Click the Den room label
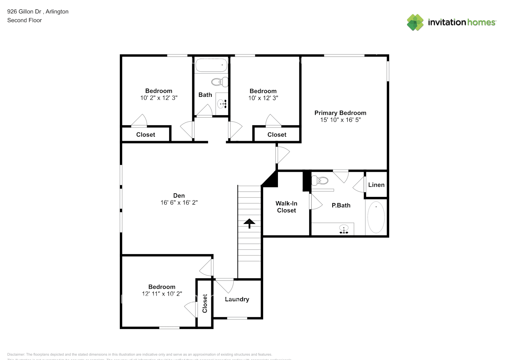[179, 195]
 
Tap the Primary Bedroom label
[340, 113]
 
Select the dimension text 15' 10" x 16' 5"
[340, 120]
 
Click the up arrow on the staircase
[249, 223]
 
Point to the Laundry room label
[237, 299]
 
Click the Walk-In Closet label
[287, 207]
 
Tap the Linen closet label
[376, 185]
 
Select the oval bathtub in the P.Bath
[376, 217]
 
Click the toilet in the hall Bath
[219, 82]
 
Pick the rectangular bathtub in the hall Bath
[212, 66]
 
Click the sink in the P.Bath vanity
[344, 229]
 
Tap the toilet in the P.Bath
[320, 180]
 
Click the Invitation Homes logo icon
[415, 22]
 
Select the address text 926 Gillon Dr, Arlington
[38, 12]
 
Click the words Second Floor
[24, 20]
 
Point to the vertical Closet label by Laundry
[205, 303]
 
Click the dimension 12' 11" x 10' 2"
[162, 294]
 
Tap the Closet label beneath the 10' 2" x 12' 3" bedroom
[145, 135]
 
